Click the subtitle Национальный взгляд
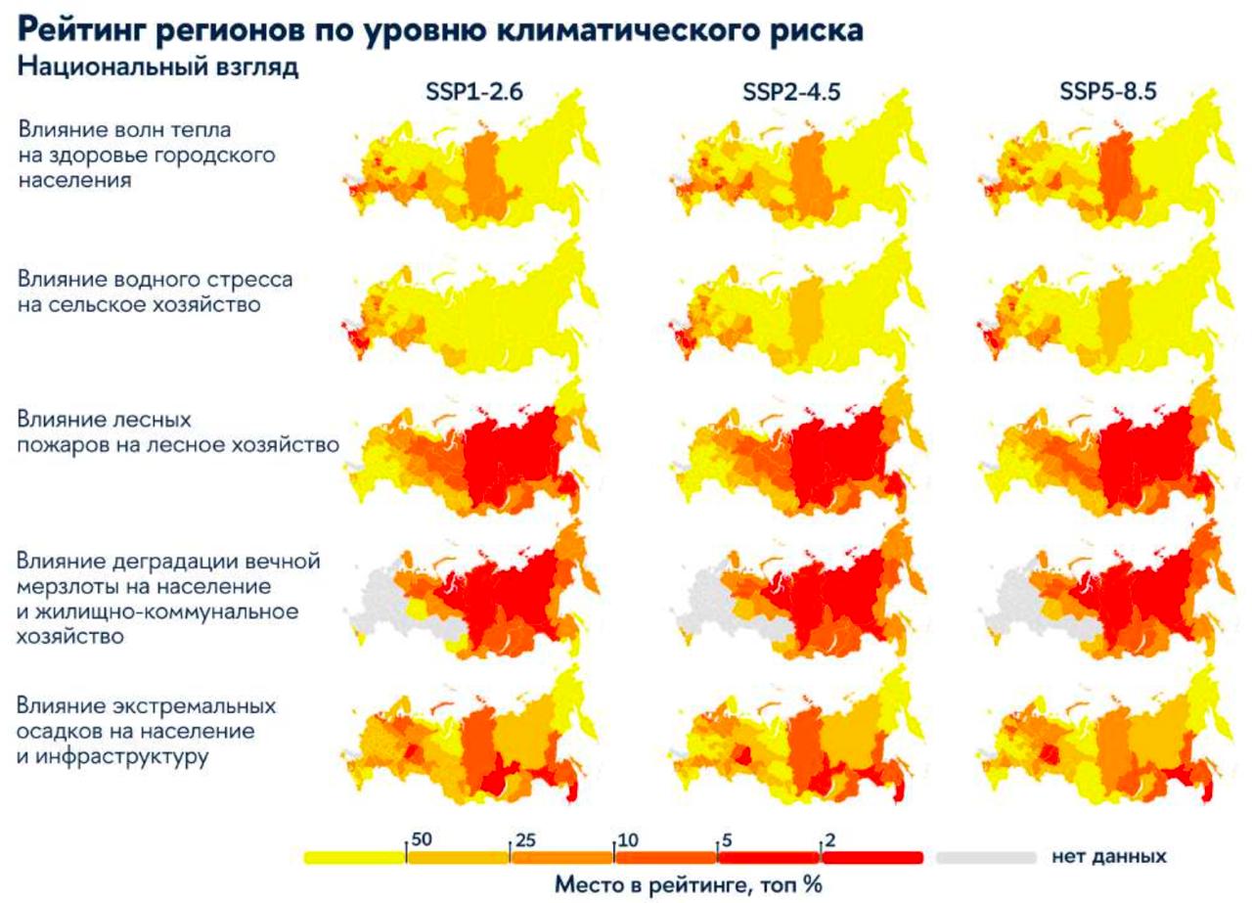[x=157, y=69]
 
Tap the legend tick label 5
[x=727, y=840]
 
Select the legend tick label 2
[x=830, y=840]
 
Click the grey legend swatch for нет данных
[x=986, y=858]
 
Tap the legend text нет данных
[x=1109, y=857]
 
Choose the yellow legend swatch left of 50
[x=354, y=858]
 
